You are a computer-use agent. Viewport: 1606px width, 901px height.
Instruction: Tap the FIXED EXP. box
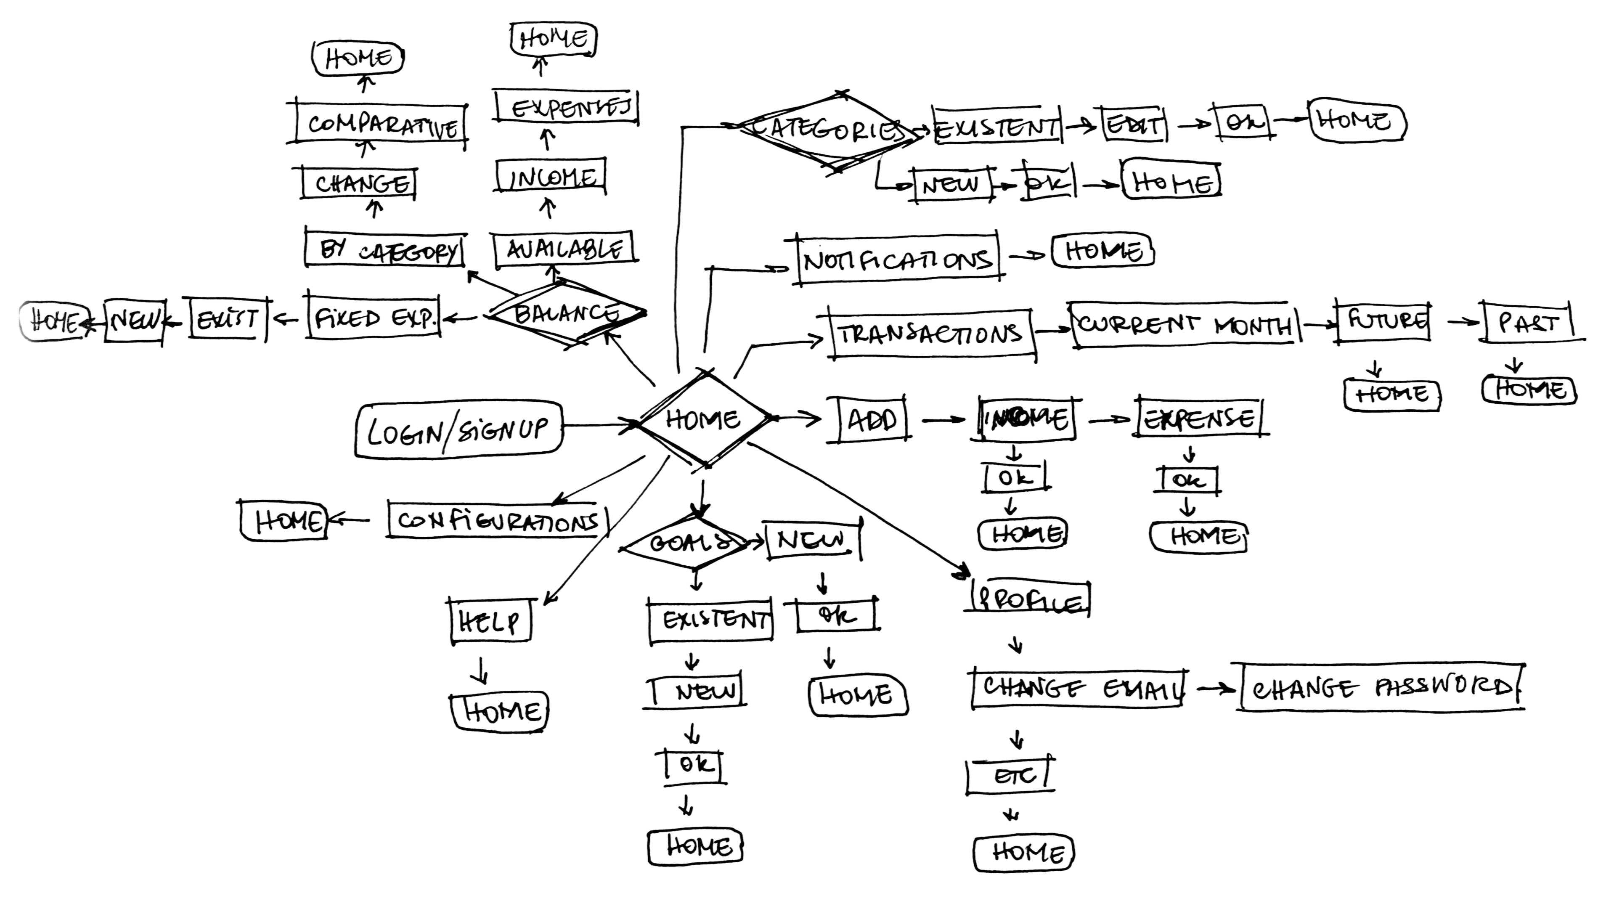373,318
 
